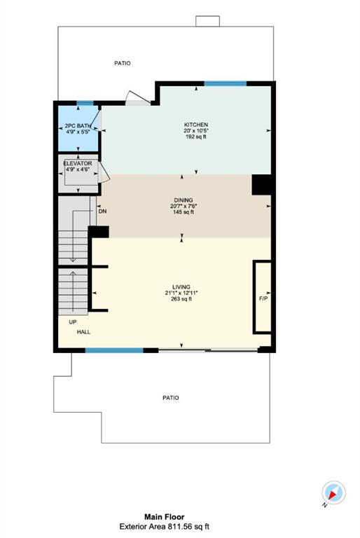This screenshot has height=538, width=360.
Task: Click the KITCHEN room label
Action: pos(196,125)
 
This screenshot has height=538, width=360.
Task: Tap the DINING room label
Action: pos(184,200)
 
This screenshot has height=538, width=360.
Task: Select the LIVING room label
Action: pos(181,287)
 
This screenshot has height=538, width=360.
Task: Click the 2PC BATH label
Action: pos(78,125)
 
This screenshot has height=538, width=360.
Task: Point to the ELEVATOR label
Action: pos(78,163)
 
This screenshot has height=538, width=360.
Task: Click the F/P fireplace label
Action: pos(263,298)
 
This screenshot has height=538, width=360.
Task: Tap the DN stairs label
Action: pos(103,212)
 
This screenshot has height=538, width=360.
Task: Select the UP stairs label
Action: pos(73,322)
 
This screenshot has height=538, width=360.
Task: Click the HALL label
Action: pos(83,332)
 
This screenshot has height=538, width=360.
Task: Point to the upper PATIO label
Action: pos(122,63)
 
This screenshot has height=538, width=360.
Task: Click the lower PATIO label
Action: pos(171,398)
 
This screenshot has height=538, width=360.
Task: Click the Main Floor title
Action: pos(164,517)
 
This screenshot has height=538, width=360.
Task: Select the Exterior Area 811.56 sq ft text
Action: pos(165,526)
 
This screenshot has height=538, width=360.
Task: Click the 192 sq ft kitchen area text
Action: pos(196,137)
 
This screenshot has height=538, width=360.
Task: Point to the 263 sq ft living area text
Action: pos(181,299)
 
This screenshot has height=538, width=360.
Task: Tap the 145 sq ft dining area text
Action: pos(184,212)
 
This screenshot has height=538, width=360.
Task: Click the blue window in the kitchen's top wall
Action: pos(226,83)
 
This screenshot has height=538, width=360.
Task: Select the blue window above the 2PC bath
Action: pos(85,103)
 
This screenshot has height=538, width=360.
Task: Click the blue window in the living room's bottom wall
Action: pos(114,350)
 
